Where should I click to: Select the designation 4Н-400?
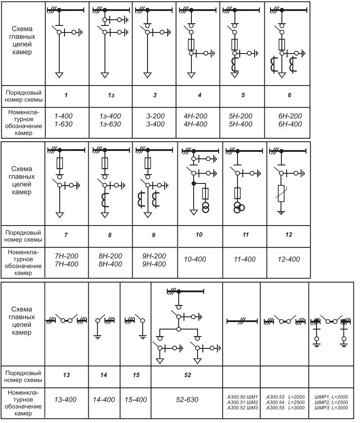pyautogui.click(x=196, y=124)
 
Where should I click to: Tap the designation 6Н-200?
pyautogui.click(x=290, y=116)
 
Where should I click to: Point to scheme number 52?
pyautogui.click(x=187, y=375)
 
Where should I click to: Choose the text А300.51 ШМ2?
pyautogui.click(x=243, y=402)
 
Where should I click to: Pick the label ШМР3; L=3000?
pyautogui.click(x=331, y=408)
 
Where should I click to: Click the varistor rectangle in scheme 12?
pyautogui.click(x=281, y=194)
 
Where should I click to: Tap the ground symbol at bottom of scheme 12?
pyautogui.click(x=281, y=212)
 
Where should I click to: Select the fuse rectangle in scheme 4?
pyautogui.click(x=191, y=44)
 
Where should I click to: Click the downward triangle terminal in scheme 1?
pyautogui.click(x=59, y=75)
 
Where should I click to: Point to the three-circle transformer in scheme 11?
pyautogui.click(x=238, y=208)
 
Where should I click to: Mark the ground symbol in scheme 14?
pyautogui.click(x=98, y=337)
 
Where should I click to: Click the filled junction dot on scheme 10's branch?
pyautogui.click(x=193, y=183)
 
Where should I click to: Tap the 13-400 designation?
pyautogui.click(x=65, y=400)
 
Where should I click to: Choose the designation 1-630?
pyautogui.click(x=63, y=124)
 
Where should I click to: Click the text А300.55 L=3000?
pyautogui.click(x=285, y=408)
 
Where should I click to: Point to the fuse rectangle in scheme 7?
pyautogui.click(x=60, y=163)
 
